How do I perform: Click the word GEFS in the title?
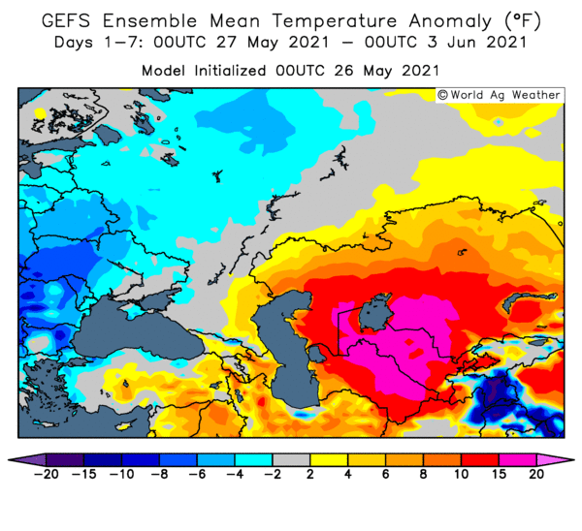(x=66, y=20)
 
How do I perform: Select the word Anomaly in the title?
(x=451, y=21)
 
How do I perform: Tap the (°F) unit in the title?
(x=523, y=20)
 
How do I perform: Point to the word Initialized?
(x=230, y=70)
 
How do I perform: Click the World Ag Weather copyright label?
(x=499, y=95)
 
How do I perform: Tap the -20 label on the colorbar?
(x=47, y=474)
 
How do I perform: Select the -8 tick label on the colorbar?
(x=159, y=474)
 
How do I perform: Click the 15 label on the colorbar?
(x=499, y=474)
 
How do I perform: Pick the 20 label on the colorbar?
(x=536, y=474)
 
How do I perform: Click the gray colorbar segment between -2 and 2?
(x=291, y=460)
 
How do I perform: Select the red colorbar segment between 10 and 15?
(x=479, y=460)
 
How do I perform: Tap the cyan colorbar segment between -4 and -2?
(x=253, y=460)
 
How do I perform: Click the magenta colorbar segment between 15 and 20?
(x=517, y=460)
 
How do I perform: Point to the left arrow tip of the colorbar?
(x=8, y=460)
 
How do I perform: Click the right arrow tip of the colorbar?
(x=574, y=460)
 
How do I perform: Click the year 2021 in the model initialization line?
(x=420, y=70)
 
